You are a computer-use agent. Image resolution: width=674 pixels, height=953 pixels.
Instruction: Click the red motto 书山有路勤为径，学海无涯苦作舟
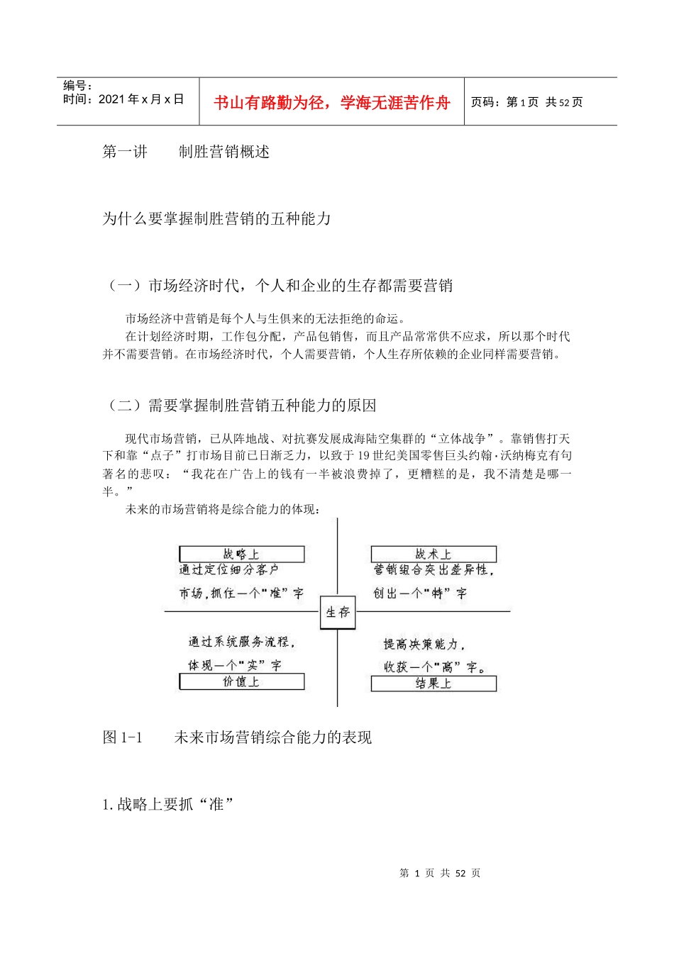click(332, 103)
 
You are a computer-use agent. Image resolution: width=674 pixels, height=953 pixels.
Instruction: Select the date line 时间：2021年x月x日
click(123, 100)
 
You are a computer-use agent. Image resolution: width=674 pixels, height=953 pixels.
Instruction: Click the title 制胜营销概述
click(224, 152)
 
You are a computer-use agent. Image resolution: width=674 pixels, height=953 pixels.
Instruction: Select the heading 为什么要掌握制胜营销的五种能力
click(217, 218)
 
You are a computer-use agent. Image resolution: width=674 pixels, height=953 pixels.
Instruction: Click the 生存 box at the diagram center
click(337, 612)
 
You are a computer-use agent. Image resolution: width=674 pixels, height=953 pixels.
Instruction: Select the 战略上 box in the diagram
click(242, 554)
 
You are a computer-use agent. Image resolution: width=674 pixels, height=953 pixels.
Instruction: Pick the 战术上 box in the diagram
click(433, 554)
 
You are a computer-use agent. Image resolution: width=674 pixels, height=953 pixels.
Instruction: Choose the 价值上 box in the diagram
click(242, 681)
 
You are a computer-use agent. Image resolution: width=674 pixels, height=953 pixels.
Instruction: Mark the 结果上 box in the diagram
click(433, 683)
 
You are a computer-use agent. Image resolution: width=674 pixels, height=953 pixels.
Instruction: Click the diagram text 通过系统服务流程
click(241, 642)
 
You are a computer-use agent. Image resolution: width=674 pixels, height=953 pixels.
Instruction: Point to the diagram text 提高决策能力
click(424, 644)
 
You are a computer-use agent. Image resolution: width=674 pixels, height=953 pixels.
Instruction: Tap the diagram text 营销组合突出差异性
click(433, 570)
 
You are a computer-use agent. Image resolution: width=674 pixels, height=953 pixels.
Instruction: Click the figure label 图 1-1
click(123, 737)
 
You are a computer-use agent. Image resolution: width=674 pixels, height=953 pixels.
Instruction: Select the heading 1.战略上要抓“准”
click(168, 804)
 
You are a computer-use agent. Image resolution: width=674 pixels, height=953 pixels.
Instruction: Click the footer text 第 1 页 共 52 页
click(440, 873)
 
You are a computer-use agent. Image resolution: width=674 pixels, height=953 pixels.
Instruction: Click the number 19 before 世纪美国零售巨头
click(364, 456)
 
